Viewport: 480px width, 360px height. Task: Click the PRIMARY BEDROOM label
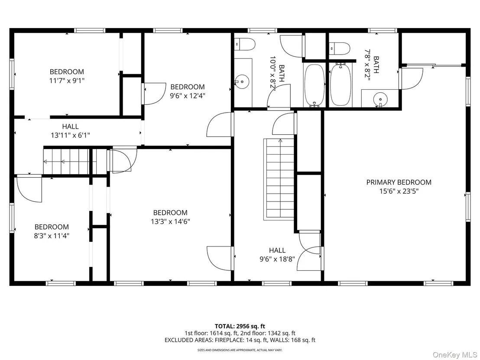click(x=399, y=182)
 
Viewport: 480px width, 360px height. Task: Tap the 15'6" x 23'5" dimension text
click(x=399, y=191)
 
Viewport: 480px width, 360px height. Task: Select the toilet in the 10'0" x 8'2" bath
click(x=245, y=44)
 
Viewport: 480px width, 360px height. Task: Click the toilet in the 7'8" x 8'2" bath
click(x=340, y=49)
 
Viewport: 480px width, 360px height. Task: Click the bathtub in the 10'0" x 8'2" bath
click(x=315, y=85)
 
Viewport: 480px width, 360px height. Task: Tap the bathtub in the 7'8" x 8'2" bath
click(x=341, y=84)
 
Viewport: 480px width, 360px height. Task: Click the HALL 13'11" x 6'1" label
click(x=71, y=131)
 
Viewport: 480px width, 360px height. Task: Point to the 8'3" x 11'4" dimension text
click(x=52, y=236)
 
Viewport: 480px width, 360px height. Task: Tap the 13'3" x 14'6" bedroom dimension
click(x=171, y=221)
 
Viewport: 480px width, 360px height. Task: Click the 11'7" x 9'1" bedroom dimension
click(x=67, y=81)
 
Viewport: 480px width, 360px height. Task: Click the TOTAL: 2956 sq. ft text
click(x=240, y=326)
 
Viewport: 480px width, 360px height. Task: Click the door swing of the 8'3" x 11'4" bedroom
click(x=29, y=188)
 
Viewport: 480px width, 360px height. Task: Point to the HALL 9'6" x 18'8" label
click(x=277, y=255)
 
